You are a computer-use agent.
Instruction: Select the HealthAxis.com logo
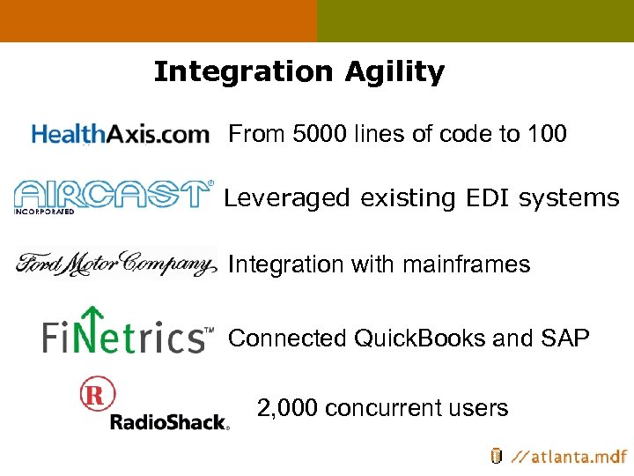point(121,134)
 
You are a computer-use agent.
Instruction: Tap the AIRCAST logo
point(113,196)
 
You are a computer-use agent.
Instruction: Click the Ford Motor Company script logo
point(116,264)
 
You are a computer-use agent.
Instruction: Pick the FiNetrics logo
point(128,333)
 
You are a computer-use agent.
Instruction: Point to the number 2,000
point(287,408)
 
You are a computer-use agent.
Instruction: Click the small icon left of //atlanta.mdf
point(496,456)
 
